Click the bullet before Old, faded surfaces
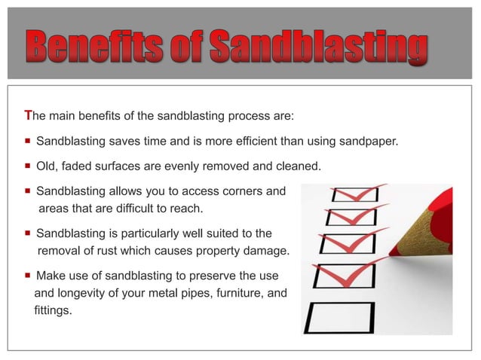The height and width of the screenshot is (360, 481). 28,166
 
